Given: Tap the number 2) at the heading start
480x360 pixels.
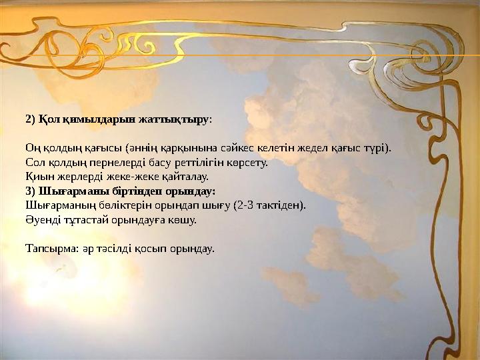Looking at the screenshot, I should click(x=30, y=120).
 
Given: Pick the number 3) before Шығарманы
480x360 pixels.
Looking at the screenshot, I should click(x=30, y=191).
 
